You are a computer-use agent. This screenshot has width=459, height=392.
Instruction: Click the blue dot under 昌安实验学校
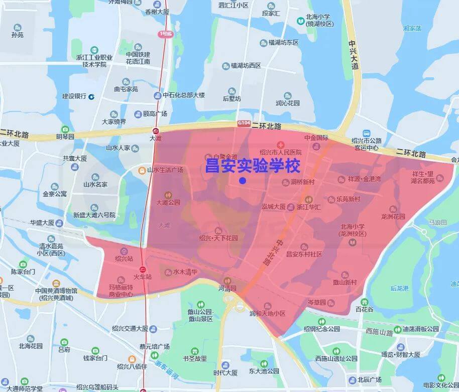243,181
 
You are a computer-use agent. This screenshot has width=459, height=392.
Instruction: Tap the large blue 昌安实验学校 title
253,167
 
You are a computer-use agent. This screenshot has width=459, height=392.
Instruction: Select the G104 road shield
244,123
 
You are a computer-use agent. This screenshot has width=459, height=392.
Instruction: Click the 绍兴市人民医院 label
281,152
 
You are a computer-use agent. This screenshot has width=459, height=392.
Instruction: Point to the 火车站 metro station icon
143,268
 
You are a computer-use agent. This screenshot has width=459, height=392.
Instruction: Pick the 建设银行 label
74,96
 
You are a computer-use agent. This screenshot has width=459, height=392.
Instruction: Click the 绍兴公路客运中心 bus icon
367,133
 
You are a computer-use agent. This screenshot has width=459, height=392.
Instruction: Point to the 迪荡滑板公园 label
420,329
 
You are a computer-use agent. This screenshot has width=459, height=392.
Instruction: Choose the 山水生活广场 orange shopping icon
142,170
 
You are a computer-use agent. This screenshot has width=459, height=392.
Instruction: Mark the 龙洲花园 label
393,217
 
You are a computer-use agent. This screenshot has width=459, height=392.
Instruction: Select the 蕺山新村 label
345,283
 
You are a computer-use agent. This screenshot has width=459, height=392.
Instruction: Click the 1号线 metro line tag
165,34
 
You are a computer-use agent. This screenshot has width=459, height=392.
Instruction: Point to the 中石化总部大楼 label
183,95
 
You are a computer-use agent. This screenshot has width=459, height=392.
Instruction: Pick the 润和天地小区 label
267,313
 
